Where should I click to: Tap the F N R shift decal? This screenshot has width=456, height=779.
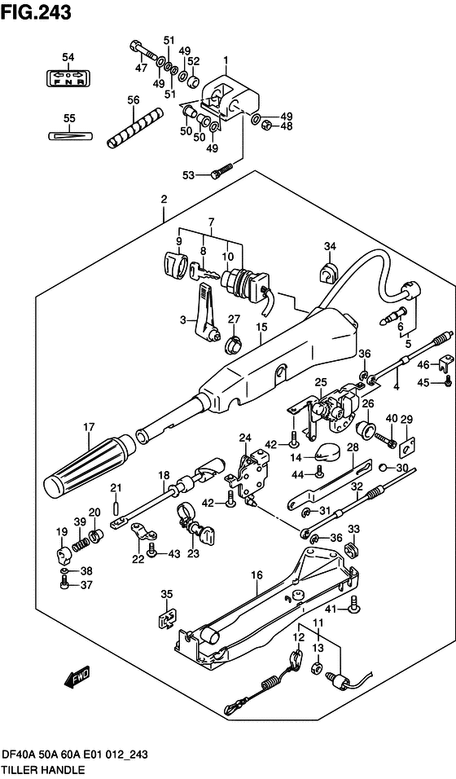pyautogui.click(x=68, y=80)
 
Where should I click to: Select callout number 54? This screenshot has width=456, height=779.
pyautogui.click(x=68, y=56)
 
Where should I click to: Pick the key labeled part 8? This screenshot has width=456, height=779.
pyautogui.click(x=201, y=275)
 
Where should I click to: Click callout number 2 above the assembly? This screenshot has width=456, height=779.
pyautogui.click(x=164, y=200)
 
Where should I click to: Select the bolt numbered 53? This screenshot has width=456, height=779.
pyautogui.click(x=220, y=171)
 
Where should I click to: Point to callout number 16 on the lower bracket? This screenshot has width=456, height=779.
pyautogui.click(x=256, y=574)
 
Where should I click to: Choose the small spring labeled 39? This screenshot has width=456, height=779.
pyautogui.click(x=80, y=539)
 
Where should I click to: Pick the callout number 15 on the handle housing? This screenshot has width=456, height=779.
pyautogui.click(x=261, y=328)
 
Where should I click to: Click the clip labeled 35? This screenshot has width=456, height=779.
pyautogui.click(x=166, y=618)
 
